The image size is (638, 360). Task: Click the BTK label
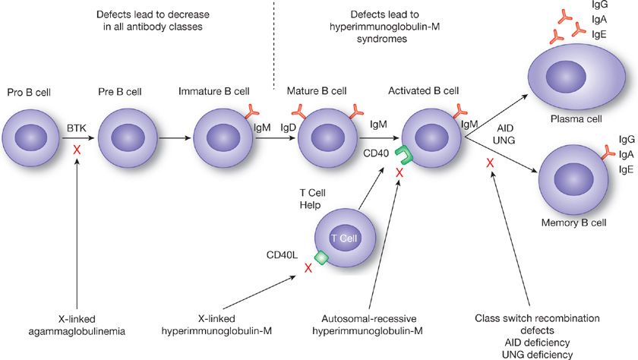tap(76, 129)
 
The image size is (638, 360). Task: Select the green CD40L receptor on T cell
tap(321, 258)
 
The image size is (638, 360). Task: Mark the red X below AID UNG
tap(491, 163)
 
